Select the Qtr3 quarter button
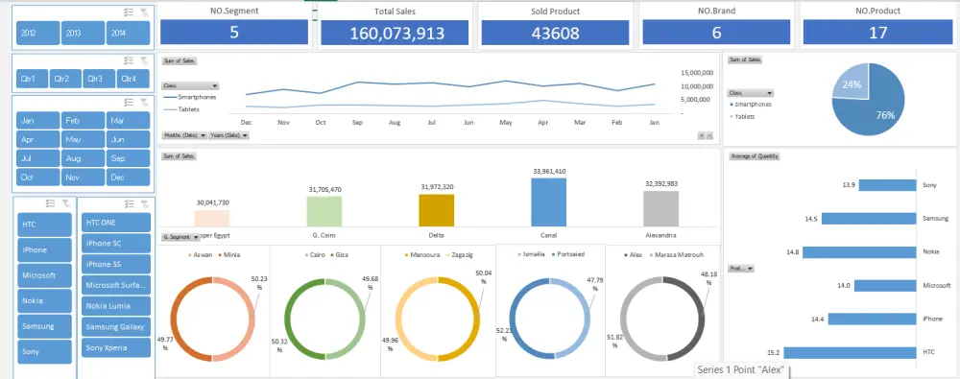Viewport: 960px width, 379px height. pyautogui.click(x=95, y=79)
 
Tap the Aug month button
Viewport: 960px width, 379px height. pyautogui.click(x=84, y=158)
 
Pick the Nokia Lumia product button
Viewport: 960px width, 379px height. pyautogui.click(x=116, y=306)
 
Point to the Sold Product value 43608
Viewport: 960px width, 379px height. pyautogui.click(x=554, y=34)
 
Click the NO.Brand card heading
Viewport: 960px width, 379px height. pyautogui.click(x=715, y=12)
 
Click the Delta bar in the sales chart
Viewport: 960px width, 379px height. pyautogui.click(x=437, y=209)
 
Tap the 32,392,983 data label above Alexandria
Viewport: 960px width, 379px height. pyautogui.click(x=660, y=183)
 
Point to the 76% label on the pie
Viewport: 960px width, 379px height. pyautogui.click(x=884, y=115)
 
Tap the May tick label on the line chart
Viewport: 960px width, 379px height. pyautogui.click(x=505, y=123)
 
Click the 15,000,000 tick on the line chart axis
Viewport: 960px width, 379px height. pyautogui.click(x=695, y=73)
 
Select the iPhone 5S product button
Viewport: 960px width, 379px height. pyautogui.click(x=116, y=264)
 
